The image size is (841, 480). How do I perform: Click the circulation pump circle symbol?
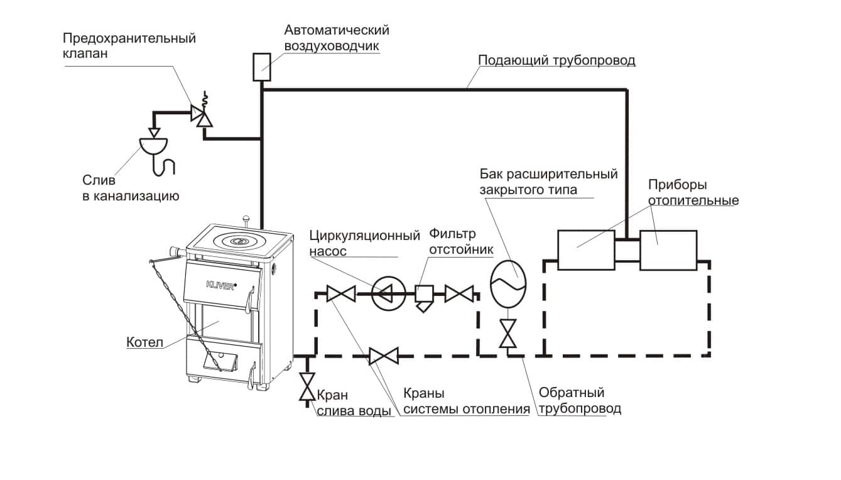point(385,293)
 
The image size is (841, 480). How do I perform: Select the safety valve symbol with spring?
point(202,114)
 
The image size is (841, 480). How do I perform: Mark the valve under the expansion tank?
point(507,333)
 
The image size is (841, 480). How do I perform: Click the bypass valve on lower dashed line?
point(383,357)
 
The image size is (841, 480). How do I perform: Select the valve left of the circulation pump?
point(341,293)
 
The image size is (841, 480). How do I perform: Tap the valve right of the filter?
point(459,293)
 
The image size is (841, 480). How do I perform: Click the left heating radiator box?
point(585,250)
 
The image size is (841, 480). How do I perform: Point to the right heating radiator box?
point(668,250)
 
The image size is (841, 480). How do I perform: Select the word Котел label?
point(145,343)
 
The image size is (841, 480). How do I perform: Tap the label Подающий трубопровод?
point(556,61)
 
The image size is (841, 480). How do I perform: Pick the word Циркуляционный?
point(364,237)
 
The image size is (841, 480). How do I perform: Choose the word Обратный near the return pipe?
point(572,393)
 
